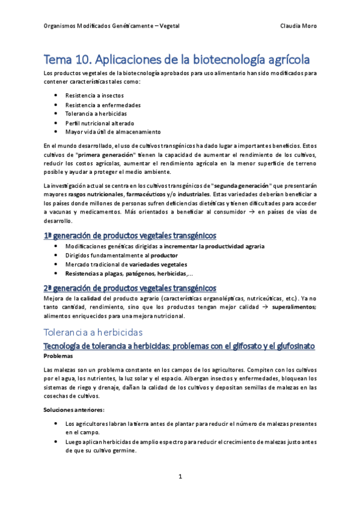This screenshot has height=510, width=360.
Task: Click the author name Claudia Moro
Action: click(298, 26)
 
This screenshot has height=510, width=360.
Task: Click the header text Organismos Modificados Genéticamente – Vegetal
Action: click(112, 26)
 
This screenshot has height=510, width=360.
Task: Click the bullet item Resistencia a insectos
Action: click(91, 96)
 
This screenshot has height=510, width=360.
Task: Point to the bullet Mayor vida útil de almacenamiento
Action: click(113, 132)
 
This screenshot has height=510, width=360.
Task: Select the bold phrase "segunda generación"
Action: click(239, 184)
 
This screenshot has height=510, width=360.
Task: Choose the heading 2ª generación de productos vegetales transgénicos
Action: click(130, 287)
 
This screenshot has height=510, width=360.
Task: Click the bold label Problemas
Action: click(58, 356)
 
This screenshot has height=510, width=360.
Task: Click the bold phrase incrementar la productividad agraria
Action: click(214, 246)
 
